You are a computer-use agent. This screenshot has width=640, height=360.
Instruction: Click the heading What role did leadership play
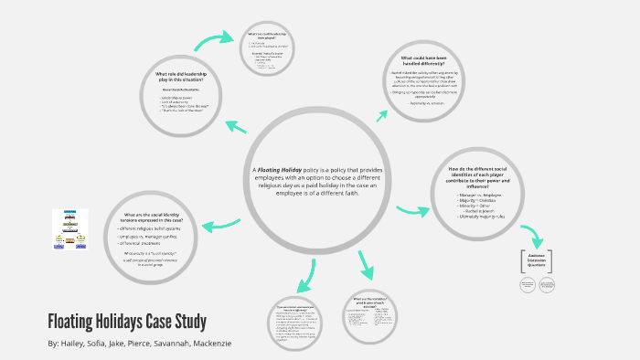pyautogui.click(x=192, y=78)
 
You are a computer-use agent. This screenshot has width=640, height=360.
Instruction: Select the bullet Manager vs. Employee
pyautogui.click(x=483, y=196)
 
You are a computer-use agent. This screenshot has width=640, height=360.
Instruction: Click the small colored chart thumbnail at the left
pyautogui.click(x=70, y=230)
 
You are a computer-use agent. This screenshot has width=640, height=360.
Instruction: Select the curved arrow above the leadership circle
pyautogui.click(x=213, y=39)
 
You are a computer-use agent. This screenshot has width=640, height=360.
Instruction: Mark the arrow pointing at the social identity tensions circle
pyautogui.click(x=220, y=225)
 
